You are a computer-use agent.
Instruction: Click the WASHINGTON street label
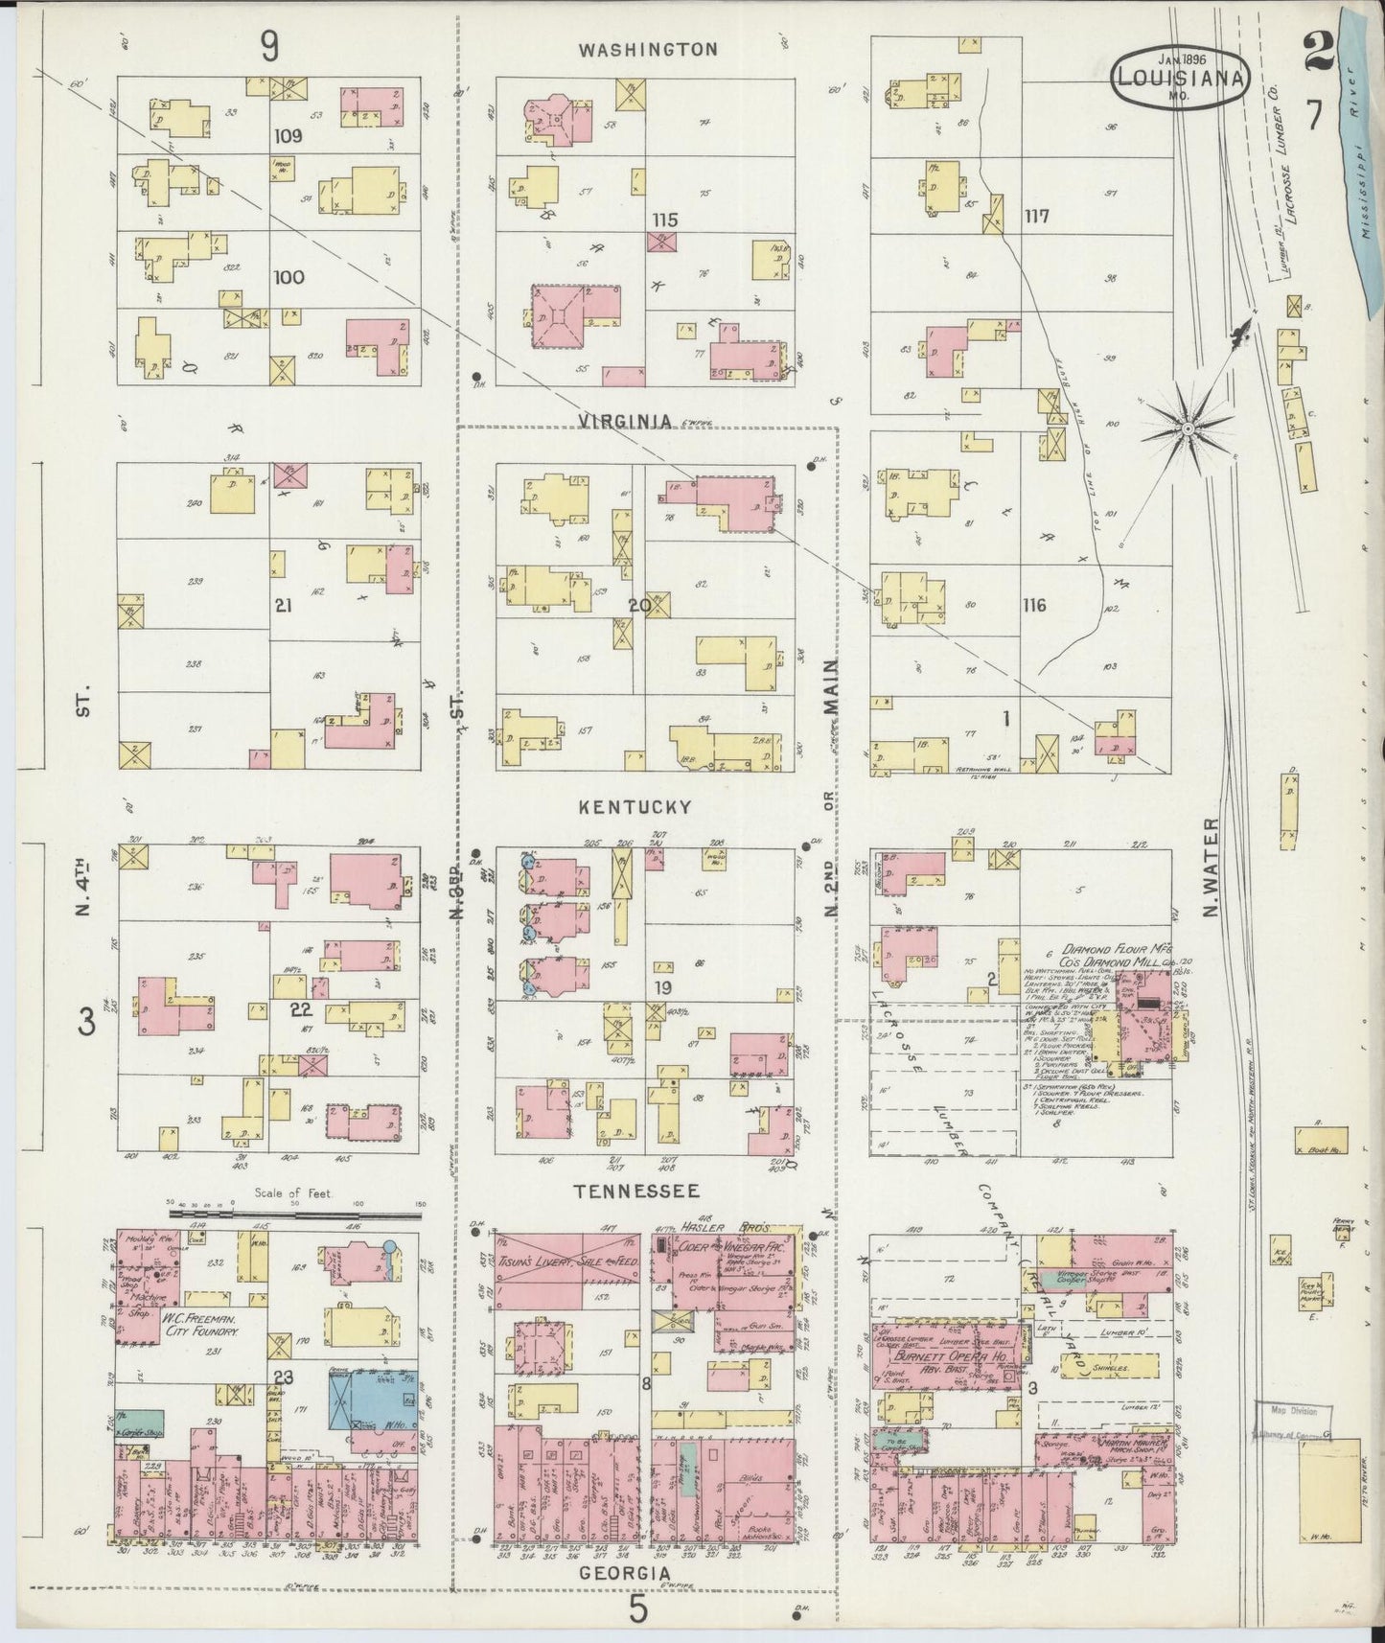click(648, 49)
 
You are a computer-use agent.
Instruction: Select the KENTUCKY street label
click(635, 808)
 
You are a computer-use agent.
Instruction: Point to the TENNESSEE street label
click(635, 1192)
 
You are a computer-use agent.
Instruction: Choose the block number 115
click(665, 220)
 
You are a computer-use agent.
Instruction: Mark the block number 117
click(1036, 217)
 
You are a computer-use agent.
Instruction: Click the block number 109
click(288, 136)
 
